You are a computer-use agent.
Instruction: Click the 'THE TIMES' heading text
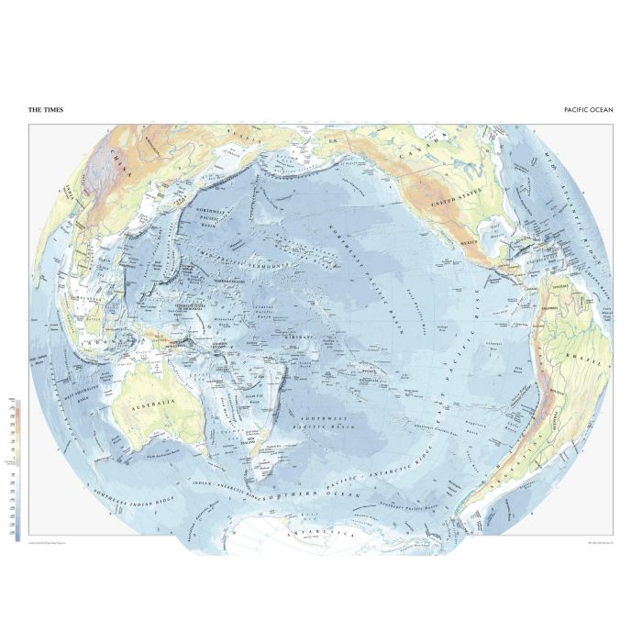[46, 109]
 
